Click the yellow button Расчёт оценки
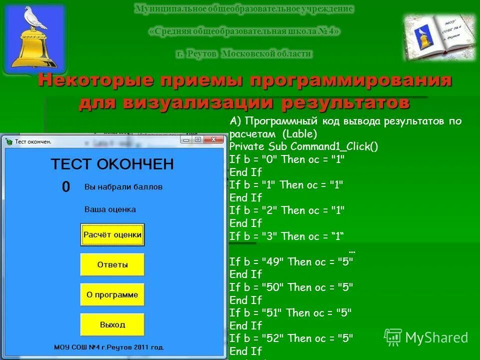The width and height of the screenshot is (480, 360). pyautogui.click(x=112, y=234)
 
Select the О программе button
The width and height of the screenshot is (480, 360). pyautogui.click(x=112, y=294)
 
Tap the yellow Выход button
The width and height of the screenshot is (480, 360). pyautogui.click(x=112, y=324)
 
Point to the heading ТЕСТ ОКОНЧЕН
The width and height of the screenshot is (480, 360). pyautogui.click(x=112, y=163)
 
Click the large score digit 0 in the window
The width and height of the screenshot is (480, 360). pyautogui.click(x=66, y=187)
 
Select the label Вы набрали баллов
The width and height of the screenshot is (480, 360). pyautogui.click(x=123, y=187)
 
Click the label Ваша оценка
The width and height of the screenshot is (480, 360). pyautogui.click(x=110, y=209)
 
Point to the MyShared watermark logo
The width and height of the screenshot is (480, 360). pyautogui.click(x=426, y=337)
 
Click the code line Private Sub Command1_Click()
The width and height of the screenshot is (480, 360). pyautogui.click(x=303, y=146)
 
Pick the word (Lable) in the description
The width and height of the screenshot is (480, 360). pyautogui.click(x=299, y=133)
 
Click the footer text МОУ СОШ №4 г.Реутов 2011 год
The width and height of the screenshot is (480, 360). pyautogui.click(x=109, y=346)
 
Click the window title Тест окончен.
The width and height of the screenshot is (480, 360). pyautogui.click(x=33, y=141)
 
